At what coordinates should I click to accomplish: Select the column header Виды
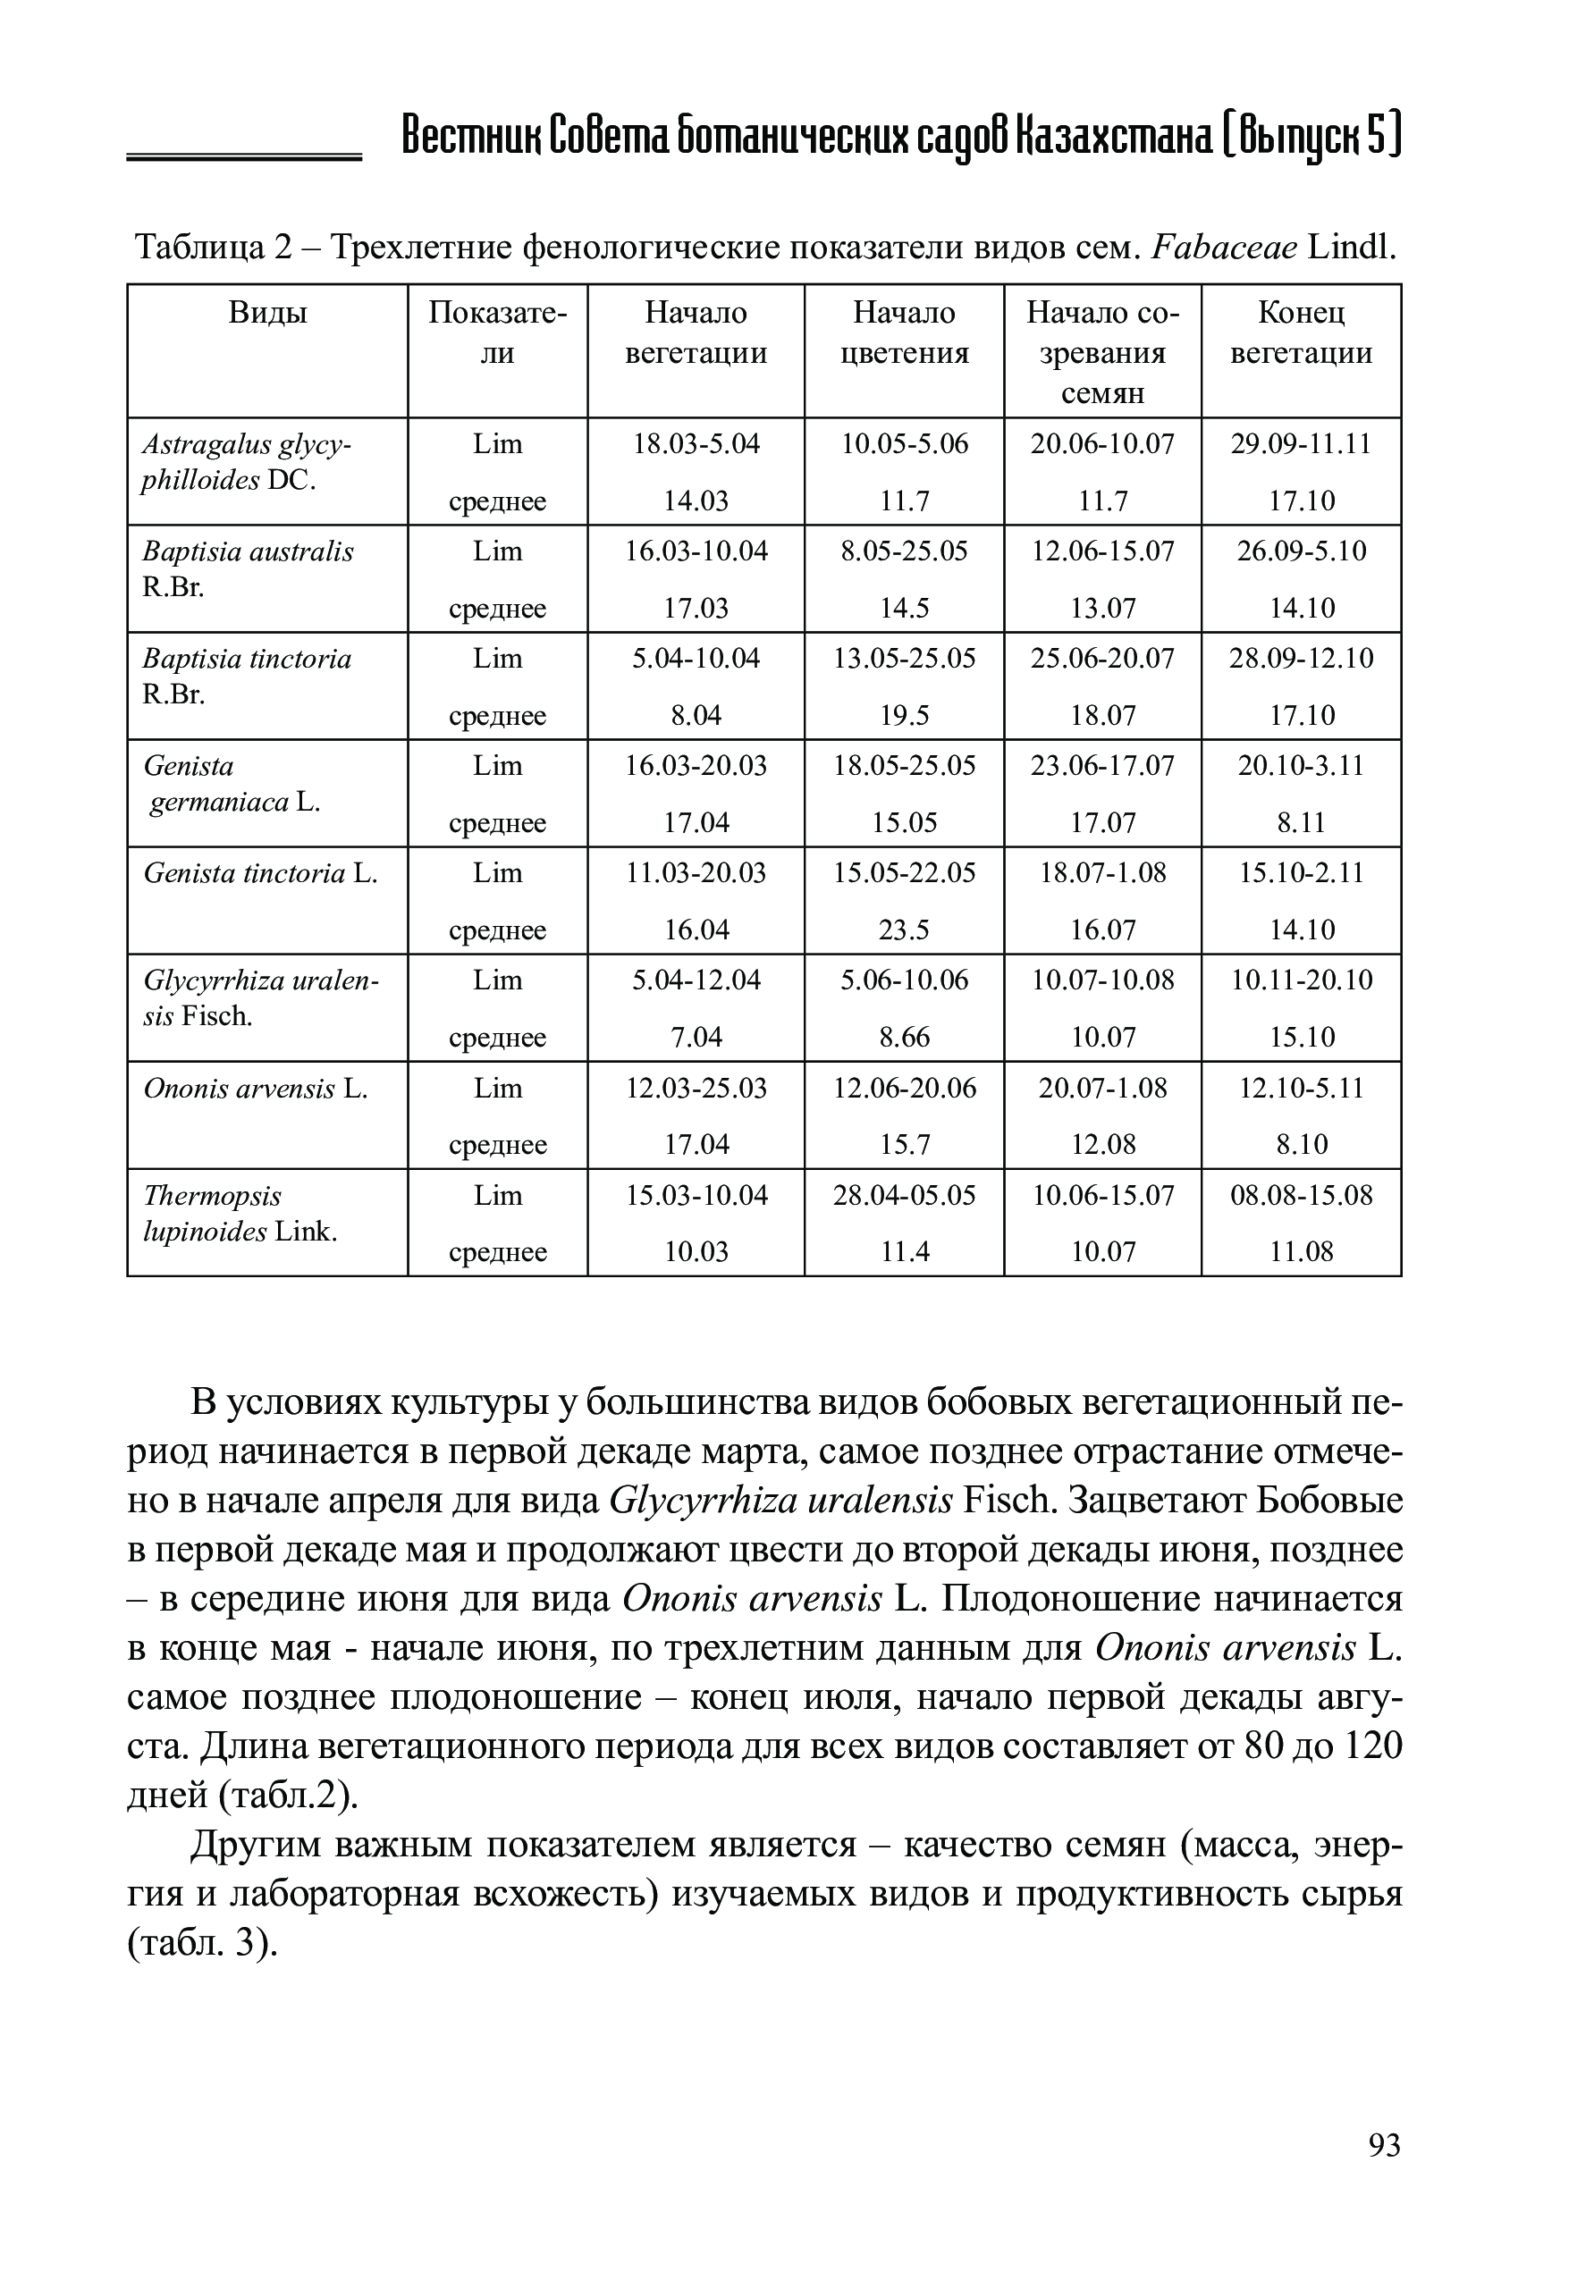pyautogui.click(x=267, y=314)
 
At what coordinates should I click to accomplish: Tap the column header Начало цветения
pyautogui.click(x=904, y=332)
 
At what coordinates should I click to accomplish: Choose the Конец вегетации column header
pyautogui.click(x=1301, y=332)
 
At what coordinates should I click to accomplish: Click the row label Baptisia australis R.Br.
pyautogui.click(x=248, y=569)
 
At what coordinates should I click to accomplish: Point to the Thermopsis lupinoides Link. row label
pyautogui.click(x=240, y=1214)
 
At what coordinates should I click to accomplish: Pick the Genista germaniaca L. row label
pyautogui.click(x=232, y=784)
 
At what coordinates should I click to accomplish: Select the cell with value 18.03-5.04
pyautogui.click(x=696, y=444)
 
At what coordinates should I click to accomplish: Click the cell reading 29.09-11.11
pyautogui.click(x=1301, y=444)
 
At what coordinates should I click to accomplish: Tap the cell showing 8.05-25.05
pyautogui.click(x=904, y=551)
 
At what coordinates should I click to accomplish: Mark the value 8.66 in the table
pyautogui.click(x=904, y=1038)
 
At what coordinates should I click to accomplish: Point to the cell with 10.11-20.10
pyautogui.click(x=1301, y=981)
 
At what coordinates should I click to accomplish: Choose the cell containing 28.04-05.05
pyautogui.click(x=904, y=1196)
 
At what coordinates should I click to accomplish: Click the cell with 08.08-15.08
pyautogui.click(x=1301, y=1196)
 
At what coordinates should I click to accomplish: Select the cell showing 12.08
pyautogui.click(x=1102, y=1145)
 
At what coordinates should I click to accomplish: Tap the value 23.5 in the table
pyautogui.click(x=904, y=930)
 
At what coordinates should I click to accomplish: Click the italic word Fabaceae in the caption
pyautogui.click(x=1224, y=247)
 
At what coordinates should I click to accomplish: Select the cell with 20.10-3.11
pyautogui.click(x=1301, y=766)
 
